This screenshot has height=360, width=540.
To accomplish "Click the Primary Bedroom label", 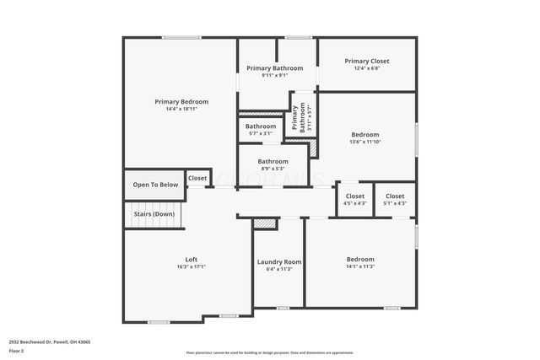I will pos(181,101).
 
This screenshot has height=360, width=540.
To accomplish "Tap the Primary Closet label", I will pos(367,61).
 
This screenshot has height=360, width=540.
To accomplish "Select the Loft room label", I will pos(192,259).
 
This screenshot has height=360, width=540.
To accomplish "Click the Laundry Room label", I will pos(279,262).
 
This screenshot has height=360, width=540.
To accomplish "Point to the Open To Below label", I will pos(155,185).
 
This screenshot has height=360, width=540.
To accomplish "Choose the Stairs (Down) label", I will pos(154,213).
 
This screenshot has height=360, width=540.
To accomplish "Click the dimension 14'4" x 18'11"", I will pos(181,109).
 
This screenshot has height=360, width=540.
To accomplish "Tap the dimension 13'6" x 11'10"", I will pos(365,142).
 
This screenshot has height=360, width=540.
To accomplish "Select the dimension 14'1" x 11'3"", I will pos(360,266).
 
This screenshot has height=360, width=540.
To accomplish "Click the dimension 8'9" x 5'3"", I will pos(273,169).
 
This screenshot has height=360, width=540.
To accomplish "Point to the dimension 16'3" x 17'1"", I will pos(192,266).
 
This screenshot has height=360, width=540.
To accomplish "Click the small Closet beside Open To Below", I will pos(197,178).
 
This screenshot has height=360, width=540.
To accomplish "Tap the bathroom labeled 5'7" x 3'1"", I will pos(261,130).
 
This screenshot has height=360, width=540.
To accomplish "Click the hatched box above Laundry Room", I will pos(265,224).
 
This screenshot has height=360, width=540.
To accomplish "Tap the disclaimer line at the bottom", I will pos(270,353).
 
